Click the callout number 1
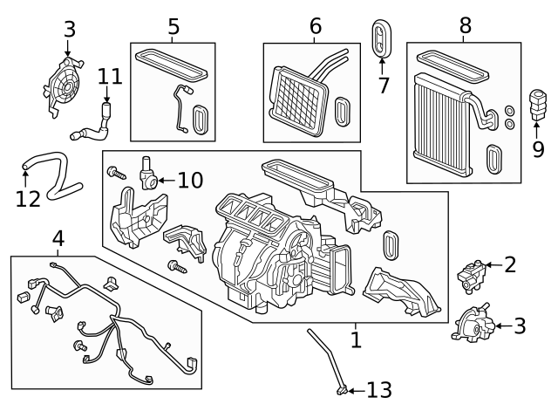tap(355, 339)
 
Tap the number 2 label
tap(510, 264)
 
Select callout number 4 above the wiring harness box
tap(58, 237)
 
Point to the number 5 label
tap(174, 27)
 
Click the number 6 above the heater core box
tap(315, 27)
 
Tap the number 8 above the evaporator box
tap(465, 26)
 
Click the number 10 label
tap(190, 181)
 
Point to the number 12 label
tap(28, 198)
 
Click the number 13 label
tap(379, 389)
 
